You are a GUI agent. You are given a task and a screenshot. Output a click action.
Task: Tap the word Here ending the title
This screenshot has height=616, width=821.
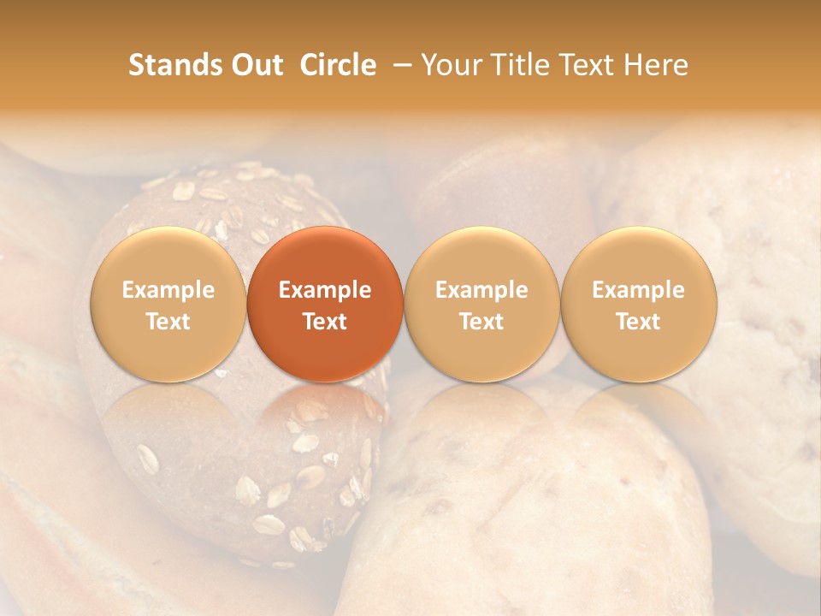point(656,65)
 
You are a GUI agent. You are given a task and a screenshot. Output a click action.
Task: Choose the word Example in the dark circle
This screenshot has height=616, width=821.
point(325,290)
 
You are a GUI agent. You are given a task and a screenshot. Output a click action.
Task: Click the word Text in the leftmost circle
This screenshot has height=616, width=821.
point(168,322)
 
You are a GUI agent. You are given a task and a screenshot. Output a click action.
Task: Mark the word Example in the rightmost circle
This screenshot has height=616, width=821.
point(639,290)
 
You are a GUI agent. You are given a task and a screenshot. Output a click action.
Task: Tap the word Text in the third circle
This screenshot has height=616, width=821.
point(481,322)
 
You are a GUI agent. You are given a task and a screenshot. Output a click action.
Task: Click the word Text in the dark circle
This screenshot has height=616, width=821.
point(325,322)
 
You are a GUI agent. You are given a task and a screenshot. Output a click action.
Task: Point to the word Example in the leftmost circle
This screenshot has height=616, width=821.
point(168,290)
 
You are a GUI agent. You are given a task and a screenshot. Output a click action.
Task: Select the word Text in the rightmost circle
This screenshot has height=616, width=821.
point(639,322)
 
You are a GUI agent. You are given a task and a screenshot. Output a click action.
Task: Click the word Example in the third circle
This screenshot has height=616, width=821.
point(481,290)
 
